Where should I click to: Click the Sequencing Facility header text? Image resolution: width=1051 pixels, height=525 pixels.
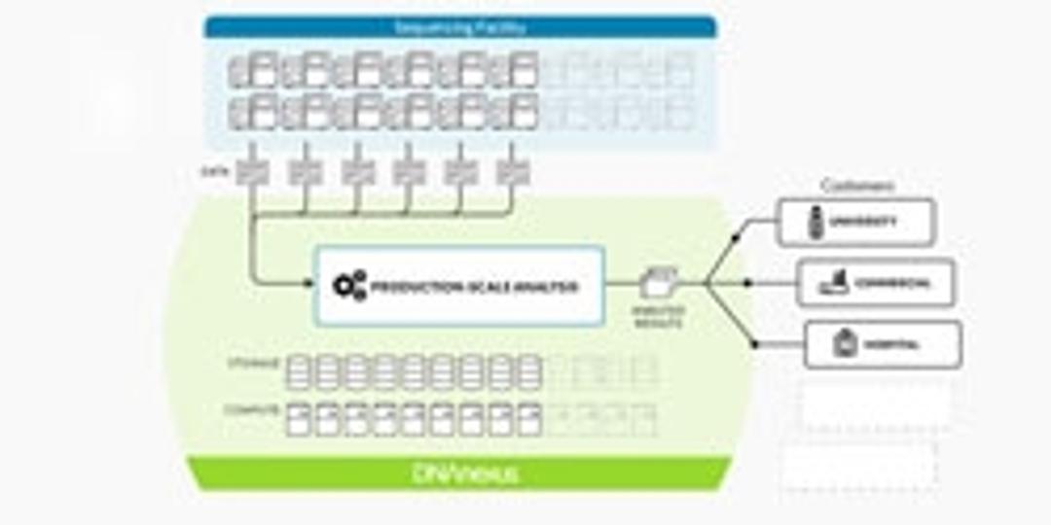pyautogui.click(x=460, y=27)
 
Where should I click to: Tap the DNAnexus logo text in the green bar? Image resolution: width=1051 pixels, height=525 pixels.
pyautogui.click(x=465, y=473)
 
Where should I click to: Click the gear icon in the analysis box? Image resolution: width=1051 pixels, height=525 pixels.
pyautogui.click(x=349, y=286)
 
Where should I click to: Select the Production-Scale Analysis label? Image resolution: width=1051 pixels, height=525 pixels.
pyautogui.click(x=476, y=287)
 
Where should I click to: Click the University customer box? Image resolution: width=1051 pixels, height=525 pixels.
pyautogui.click(x=855, y=222)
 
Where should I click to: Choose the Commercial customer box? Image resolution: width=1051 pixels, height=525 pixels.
pyautogui.click(x=876, y=283)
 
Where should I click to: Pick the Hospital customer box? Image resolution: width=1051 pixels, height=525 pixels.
pyautogui.click(x=883, y=343)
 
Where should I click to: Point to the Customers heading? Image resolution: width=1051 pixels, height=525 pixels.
pyautogui.click(x=857, y=186)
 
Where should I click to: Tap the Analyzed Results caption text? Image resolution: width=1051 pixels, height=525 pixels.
pyautogui.click(x=659, y=315)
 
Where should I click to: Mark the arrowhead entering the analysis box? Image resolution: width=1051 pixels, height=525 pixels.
pyautogui.click(x=308, y=285)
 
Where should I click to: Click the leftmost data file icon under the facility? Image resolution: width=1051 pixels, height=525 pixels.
pyautogui.click(x=253, y=171)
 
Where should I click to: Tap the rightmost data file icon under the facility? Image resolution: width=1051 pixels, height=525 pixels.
pyautogui.click(x=512, y=171)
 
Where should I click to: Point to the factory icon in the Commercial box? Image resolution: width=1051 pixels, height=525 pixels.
pyautogui.click(x=835, y=283)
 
